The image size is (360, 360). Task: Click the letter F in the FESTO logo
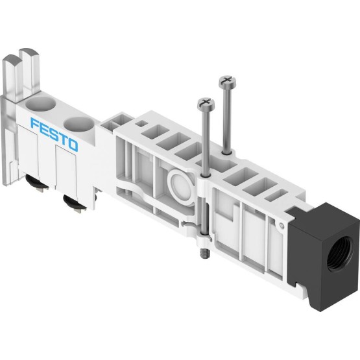tap(35, 124)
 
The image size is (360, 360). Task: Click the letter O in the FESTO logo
tap(73, 145)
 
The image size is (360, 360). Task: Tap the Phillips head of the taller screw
tap(227, 82)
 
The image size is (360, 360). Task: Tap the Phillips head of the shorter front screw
tap(206, 104)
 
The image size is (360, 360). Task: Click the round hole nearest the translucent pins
tap(41, 104)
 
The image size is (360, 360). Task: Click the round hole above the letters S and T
tap(78, 124)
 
